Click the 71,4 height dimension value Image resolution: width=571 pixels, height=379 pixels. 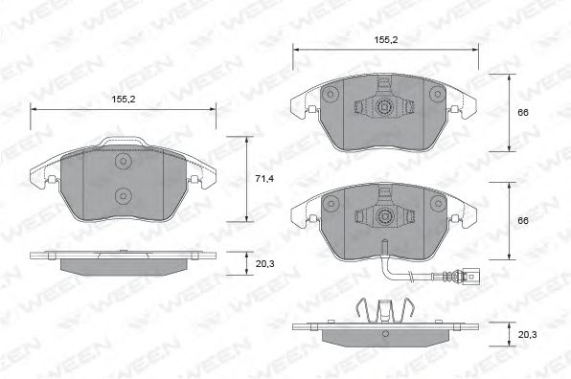[264, 179]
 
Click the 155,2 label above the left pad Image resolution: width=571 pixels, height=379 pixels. [124, 99]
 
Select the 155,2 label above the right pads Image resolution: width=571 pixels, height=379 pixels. [386, 40]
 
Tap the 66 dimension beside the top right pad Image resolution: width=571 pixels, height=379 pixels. [523, 113]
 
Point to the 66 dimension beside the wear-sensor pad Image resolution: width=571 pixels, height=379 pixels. [523, 221]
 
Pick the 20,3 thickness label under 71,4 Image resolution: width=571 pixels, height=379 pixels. [264, 264]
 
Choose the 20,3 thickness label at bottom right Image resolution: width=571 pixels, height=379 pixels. [527, 335]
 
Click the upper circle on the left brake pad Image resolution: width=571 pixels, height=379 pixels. [123, 161]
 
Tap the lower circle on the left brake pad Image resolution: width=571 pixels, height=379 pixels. [123, 196]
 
